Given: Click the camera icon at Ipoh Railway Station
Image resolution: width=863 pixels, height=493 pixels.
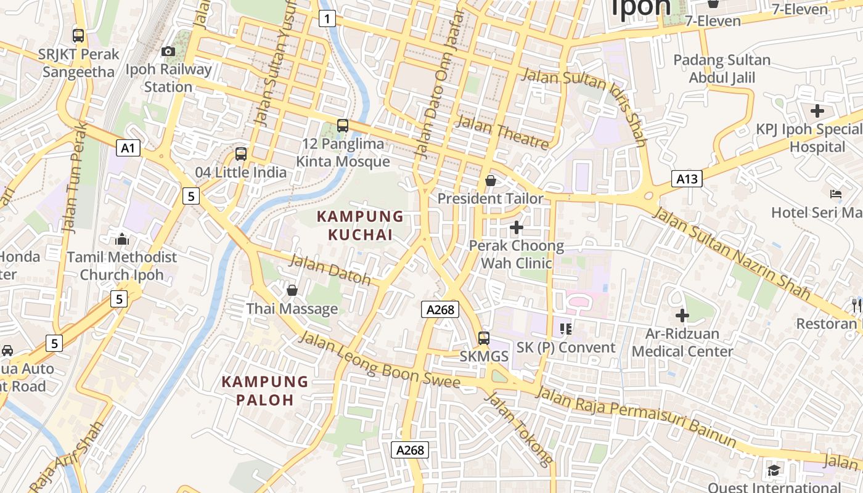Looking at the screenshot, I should click(168, 52).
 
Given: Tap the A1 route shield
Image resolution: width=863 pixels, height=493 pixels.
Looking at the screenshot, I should click(128, 148).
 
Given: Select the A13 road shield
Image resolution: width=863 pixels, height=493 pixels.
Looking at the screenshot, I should click(687, 179).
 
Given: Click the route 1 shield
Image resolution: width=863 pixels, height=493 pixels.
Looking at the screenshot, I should click(327, 19).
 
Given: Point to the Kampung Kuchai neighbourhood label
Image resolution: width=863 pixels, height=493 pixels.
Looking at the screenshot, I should click(360, 226).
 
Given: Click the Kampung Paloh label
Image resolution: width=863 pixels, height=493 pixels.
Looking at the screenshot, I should click(264, 391).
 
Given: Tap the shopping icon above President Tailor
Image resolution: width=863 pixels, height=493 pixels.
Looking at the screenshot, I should click(491, 181).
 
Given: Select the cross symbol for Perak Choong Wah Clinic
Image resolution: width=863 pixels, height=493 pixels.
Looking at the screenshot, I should click(517, 228).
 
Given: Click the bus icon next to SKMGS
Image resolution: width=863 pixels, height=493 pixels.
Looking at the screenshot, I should click(484, 338).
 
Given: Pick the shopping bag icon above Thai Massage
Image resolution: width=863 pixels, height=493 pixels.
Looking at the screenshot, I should click(292, 290).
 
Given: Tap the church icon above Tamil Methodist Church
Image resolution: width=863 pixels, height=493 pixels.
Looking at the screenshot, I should click(122, 239).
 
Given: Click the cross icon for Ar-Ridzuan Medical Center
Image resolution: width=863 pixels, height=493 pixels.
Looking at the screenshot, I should click(682, 316).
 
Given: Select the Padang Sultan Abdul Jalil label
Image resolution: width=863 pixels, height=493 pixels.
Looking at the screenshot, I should click(722, 69).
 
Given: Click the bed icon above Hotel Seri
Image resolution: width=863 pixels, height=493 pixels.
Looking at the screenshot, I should click(836, 195).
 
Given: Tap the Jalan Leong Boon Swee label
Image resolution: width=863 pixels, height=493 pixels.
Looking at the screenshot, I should click(380, 361).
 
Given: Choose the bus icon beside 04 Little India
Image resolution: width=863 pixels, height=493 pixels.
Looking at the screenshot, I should click(241, 154).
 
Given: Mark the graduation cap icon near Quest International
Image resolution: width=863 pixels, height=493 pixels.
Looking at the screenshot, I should click(774, 471).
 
